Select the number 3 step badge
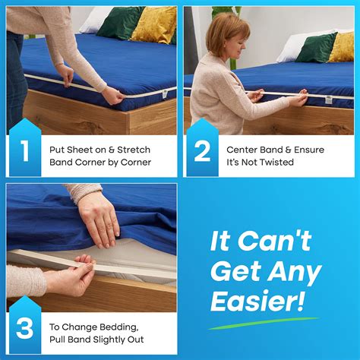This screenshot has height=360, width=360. click(x=25, y=328)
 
